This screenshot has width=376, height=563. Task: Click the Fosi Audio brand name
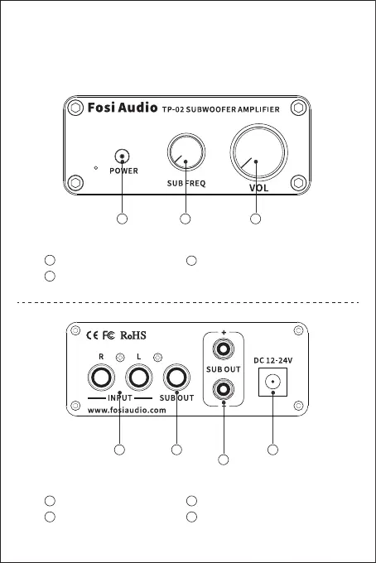[123, 108]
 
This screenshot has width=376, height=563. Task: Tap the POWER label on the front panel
[124, 171]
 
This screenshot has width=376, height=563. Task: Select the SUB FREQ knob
[186, 152]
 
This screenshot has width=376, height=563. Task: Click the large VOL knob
[259, 152]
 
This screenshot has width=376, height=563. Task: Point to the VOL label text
[259, 188]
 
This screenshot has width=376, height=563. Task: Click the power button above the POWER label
[122, 156]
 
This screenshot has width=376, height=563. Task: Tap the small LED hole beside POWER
[95, 168]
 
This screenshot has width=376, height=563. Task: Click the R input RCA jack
[101, 378]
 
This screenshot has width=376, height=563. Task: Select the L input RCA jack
[139, 378]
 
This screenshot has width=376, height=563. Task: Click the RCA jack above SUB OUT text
[176, 378]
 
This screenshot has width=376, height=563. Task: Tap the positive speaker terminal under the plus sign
[224, 349]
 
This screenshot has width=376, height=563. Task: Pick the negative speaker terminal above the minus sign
[224, 389]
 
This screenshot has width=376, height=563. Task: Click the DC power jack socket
[273, 382]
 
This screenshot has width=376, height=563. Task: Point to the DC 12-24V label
[273, 360]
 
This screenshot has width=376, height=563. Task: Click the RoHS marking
[133, 335]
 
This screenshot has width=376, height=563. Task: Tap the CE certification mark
[92, 335]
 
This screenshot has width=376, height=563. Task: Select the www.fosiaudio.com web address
[127, 410]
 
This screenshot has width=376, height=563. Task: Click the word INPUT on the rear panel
[120, 398]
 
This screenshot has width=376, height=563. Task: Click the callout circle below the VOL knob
[255, 219]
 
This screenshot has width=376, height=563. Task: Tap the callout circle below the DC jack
[273, 450]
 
